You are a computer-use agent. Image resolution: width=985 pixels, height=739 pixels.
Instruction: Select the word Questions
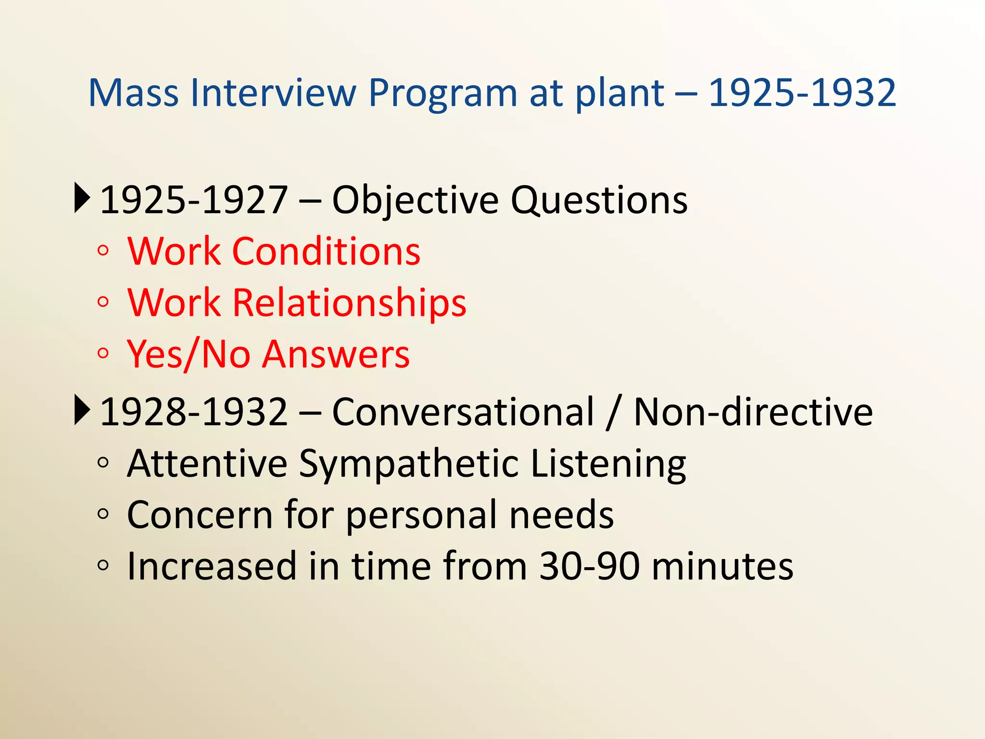click(x=599, y=201)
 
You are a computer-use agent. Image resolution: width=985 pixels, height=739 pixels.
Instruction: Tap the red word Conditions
click(x=326, y=251)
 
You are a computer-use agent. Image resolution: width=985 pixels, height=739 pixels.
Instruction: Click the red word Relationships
click(x=349, y=303)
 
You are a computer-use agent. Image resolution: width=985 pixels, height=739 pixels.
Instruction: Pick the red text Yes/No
click(x=188, y=355)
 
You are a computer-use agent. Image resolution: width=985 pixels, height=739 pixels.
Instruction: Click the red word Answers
click(x=336, y=355)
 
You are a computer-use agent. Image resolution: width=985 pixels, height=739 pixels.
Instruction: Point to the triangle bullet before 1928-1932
click(x=82, y=410)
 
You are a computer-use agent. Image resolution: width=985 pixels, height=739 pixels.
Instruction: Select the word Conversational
click(x=463, y=412)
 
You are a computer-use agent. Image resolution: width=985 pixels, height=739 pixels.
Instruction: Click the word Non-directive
click(x=753, y=412)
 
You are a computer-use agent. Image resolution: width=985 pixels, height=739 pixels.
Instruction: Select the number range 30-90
click(x=589, y=566)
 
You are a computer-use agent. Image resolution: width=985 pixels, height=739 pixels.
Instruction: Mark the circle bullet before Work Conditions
click(x=103, y=251)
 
